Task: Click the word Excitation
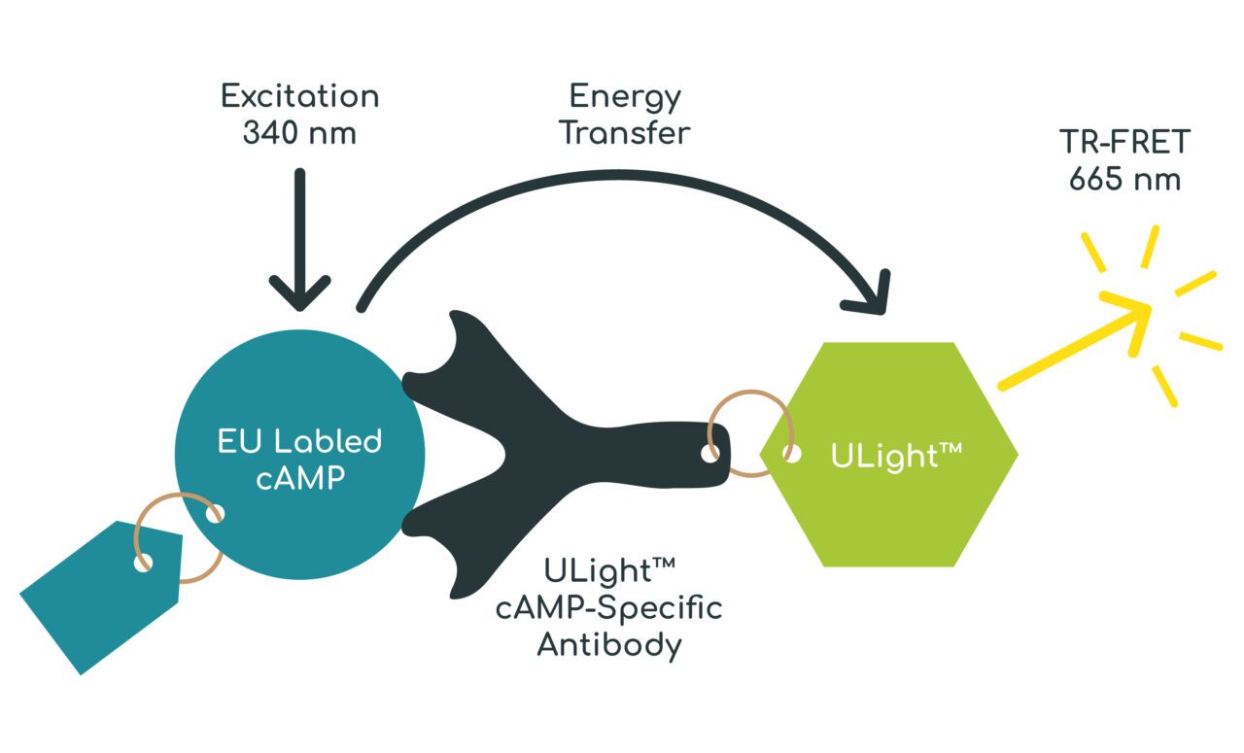(x=299, y=97)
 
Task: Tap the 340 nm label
(x=299, y=133)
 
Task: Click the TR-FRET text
(x=1124, y=144)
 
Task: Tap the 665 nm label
(x=1124, y=181)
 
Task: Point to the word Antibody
(x=609, y=644)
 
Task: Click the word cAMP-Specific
(x=609, y=609)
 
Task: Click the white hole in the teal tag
(x=144, y=563)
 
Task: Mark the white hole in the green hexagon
(x=793, y=454)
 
